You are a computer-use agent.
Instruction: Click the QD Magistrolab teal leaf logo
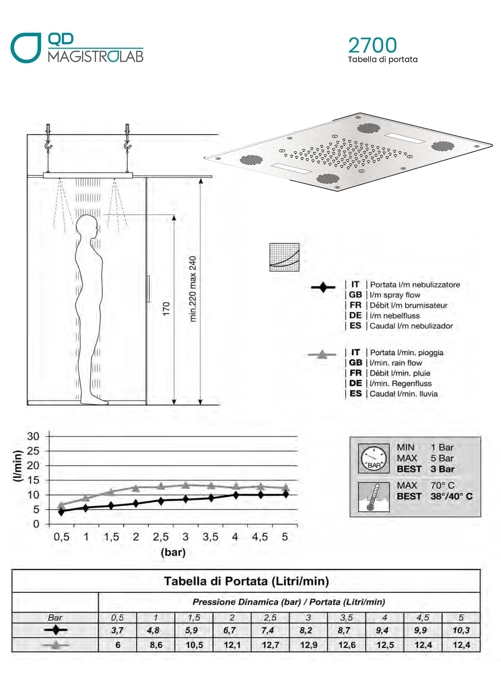[x=26, y=48]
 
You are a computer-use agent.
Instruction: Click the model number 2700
[x=373, y=45]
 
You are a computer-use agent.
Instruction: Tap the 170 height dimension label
[x=166, y=309]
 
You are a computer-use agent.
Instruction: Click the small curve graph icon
[x=284, y=257]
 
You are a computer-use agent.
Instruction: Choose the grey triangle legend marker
[x=322, y=354]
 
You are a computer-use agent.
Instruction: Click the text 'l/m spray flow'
[x=395, y=295]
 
